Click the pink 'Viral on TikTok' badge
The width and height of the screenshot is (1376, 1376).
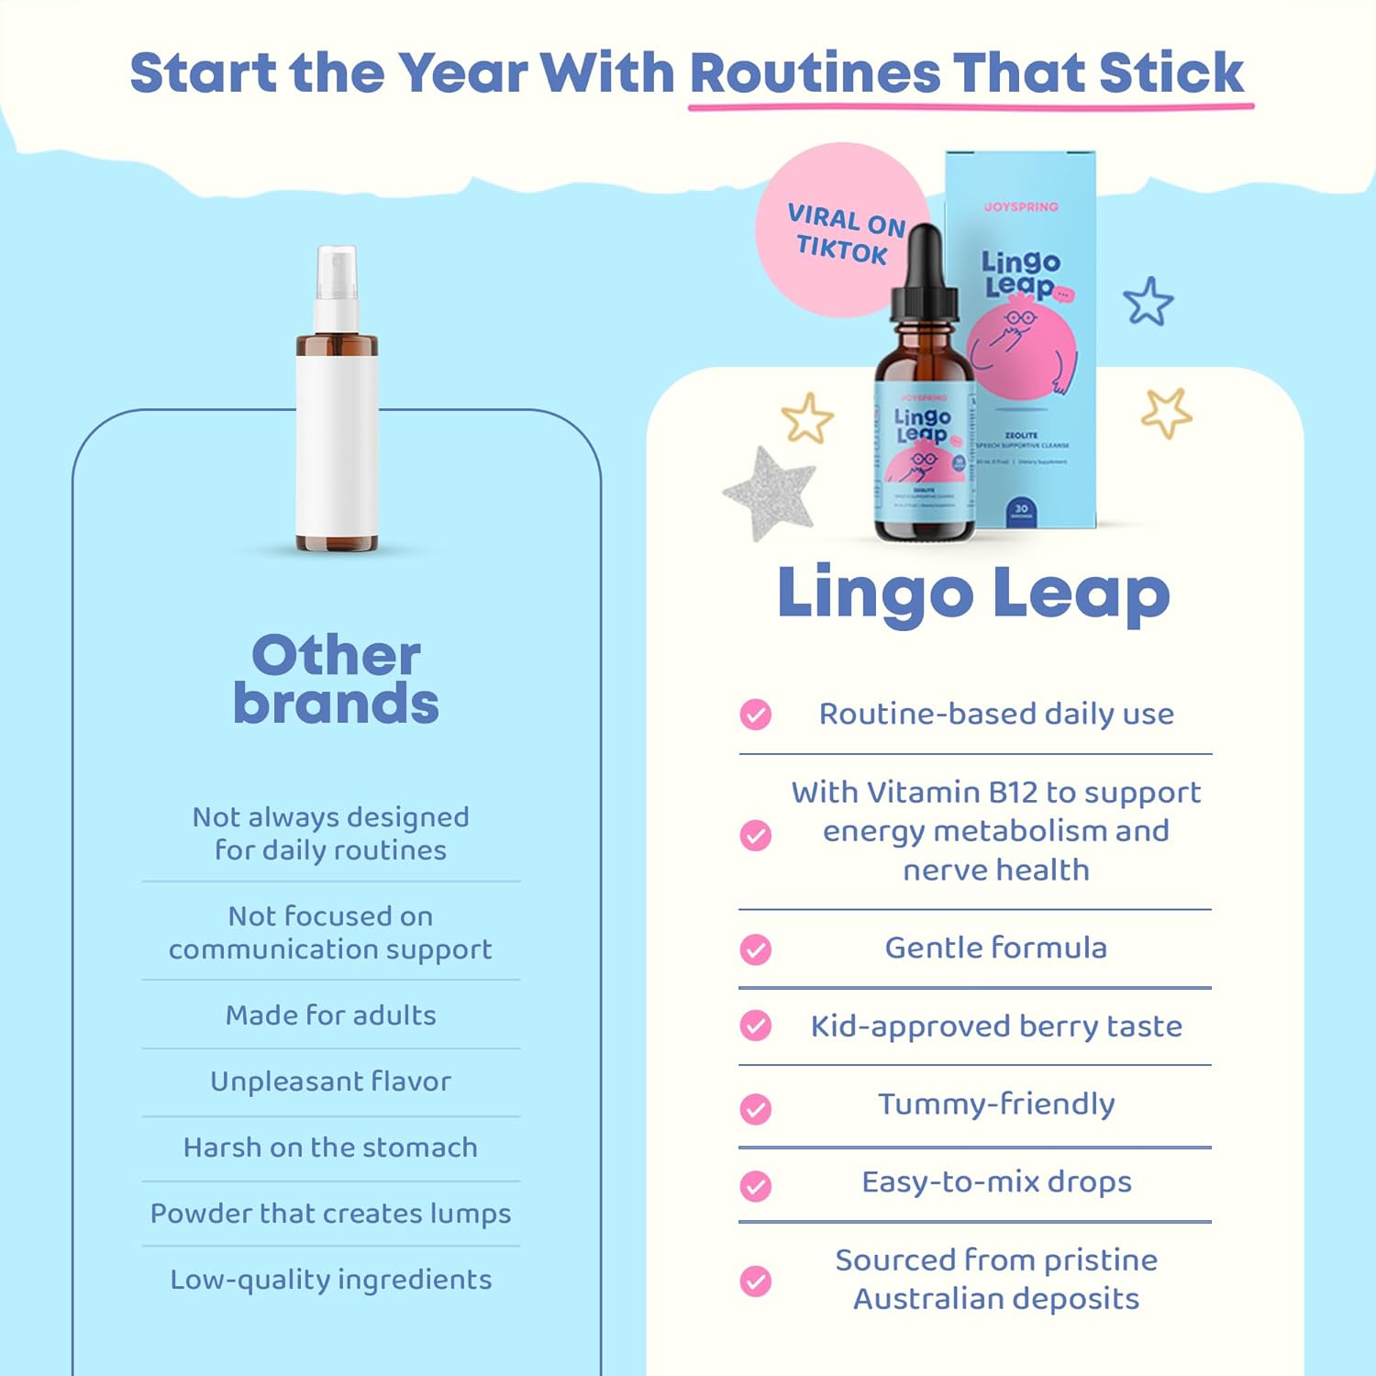pyautogui.click(x=830, y=229)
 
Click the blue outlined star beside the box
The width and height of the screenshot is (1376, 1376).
pyautogui.click(x=1148, y=302)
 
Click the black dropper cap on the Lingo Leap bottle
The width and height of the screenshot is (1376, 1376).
pyautogui.click(x=924, y=275)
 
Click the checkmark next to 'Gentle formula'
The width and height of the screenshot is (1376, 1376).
pyautogui.click(x=756, y=949)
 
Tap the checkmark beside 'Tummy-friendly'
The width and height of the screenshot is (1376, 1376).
pyautogui.click(x=756, y=1108)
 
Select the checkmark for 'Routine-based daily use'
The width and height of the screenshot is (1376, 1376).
pyautogui.click(x=756, y=714)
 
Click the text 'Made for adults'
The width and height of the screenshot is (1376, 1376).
pyautogui.click(x=331, y=1015)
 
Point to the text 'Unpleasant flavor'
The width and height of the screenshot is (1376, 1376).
pyautogui.click(x=331, y=1082)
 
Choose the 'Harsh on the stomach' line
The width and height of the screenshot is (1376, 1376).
pyautogui.click(x=331, y=1148)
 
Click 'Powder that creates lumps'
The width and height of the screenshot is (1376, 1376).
pyautogui.click(x=331, y=1214)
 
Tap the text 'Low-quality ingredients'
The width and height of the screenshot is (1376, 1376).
pyautogui.click(x=331, y=1280)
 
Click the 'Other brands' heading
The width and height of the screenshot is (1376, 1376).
pyautogui.click(x=336, y=679)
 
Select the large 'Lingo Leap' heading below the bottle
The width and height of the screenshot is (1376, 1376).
pyautogui.click(x=973, y=594)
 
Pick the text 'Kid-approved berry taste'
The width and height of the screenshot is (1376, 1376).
pyautogui.click(x=996, y=1026)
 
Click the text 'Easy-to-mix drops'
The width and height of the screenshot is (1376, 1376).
pyautogui.click(x=996, y=1182)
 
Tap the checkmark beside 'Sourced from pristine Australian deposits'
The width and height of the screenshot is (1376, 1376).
pyautogui.click(x=756, y=1281)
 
